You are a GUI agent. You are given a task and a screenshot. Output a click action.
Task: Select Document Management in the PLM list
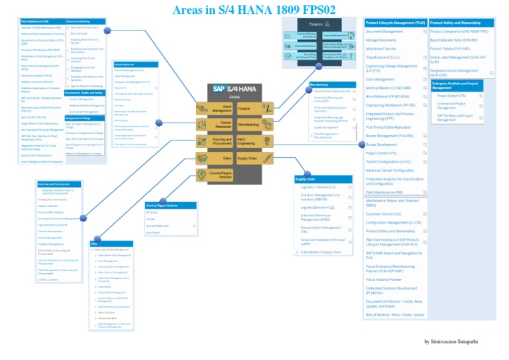[x=384, y=31]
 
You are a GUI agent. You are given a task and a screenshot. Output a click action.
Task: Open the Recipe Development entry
[x=382, y=144]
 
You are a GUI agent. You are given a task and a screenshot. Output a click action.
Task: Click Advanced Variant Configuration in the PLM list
[x=390, y=170]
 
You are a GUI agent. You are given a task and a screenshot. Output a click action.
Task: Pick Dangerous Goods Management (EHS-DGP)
[x=455, y=73]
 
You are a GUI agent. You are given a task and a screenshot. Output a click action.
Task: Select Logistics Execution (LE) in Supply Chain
[x=318, y=208]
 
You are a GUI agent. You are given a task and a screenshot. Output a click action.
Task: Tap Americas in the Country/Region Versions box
[x=152, y=212]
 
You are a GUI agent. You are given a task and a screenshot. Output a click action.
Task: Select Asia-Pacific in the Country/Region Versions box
[x=153, y=233]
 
